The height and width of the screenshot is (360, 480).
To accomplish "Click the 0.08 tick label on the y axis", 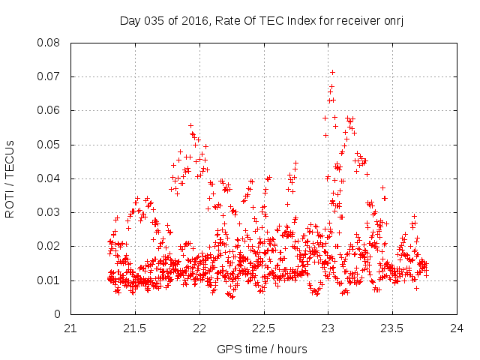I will [49, 43].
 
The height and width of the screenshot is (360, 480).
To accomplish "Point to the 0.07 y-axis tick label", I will [49, 76].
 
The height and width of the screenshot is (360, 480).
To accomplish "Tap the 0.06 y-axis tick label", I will [49, 110].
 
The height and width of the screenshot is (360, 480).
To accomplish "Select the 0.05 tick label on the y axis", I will [49, 144].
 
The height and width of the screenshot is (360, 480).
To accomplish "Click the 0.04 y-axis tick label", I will [49, 178].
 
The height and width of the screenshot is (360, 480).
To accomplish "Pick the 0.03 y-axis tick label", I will [49, 212].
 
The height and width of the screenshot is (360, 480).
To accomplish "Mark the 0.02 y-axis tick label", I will [49, 246].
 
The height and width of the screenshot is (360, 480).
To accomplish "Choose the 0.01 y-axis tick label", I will [49, 280].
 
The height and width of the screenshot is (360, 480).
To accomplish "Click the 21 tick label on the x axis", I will [70, 328].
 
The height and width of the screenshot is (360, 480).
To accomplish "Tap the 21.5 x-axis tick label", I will [135, 328].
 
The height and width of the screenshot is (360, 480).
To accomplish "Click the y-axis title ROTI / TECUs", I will [10, 178].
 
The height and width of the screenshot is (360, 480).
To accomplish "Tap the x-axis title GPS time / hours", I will [262, 349].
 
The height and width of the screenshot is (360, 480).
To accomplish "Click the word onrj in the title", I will [394, 20].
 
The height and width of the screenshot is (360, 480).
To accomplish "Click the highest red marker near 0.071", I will [332, 72].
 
